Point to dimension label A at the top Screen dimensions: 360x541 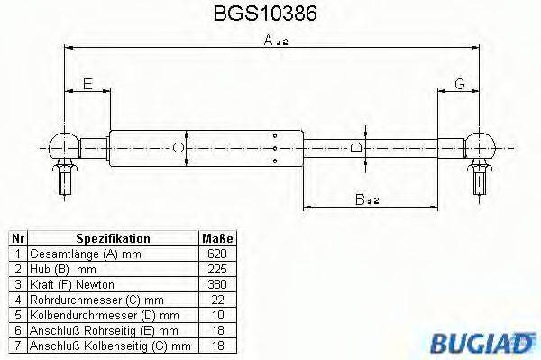[x=269, y=40]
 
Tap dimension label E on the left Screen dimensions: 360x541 [x=87, y=85]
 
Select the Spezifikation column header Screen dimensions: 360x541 [x=113, y=238]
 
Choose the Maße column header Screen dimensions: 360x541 [x=216, y=238]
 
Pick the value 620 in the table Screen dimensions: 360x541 [x=216, y=254]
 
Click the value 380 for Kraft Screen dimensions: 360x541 [x=216, y=284]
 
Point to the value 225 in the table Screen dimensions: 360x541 [x=216, y=269]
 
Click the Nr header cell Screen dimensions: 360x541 [x=18, y=238]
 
